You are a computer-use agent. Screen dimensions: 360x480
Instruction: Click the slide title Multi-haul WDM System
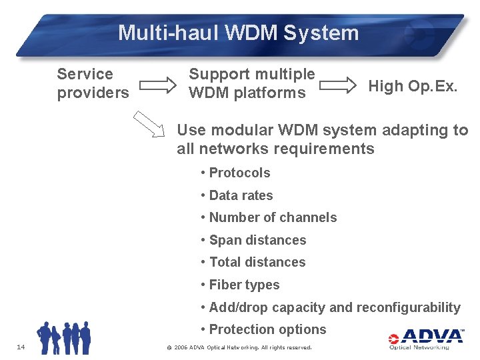point(238,33)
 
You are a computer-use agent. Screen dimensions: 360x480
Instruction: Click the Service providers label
point(93,83)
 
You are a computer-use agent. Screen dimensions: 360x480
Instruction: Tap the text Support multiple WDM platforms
point(251,83)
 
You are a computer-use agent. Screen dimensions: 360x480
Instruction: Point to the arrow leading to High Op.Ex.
point(339,85)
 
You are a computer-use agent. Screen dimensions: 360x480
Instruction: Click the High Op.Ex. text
point(413,86)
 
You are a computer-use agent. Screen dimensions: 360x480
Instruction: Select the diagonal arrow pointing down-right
point(150,125)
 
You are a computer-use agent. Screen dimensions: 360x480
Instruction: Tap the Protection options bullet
point(263,329)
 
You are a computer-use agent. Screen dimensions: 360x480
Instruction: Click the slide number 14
point(21,347)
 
